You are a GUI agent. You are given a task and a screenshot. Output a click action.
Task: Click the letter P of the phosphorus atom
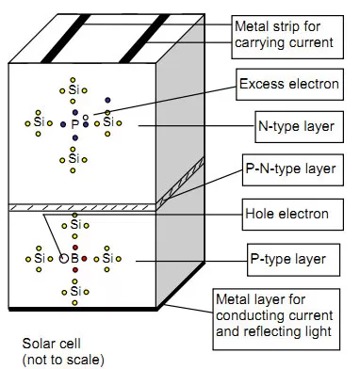74,123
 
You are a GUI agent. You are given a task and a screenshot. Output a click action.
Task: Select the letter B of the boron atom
74,257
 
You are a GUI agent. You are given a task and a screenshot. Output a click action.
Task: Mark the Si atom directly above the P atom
74,90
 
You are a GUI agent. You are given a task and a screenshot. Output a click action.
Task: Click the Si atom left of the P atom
39,122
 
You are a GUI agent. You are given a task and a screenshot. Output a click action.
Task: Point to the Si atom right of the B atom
108,257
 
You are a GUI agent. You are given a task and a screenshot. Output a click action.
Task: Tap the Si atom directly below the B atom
74,291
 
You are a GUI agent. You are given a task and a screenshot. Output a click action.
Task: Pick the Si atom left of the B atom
39,257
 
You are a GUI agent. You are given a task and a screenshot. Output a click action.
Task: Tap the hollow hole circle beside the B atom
64,256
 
